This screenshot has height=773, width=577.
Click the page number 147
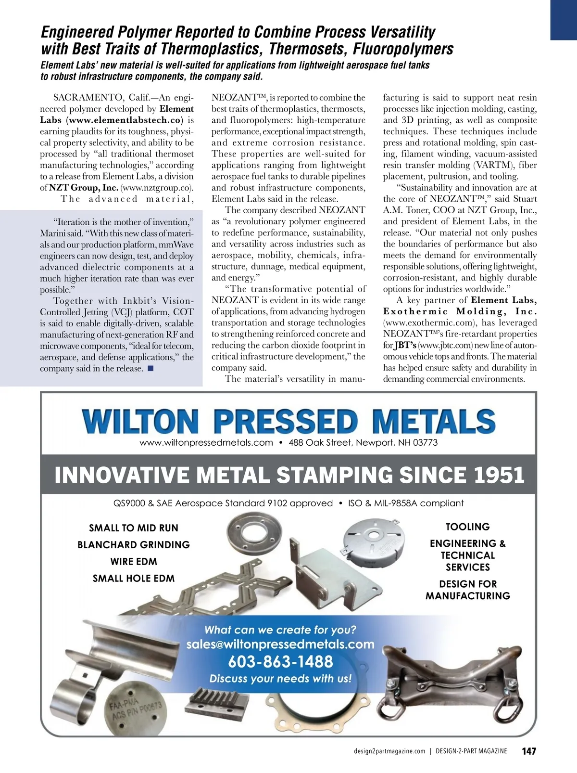pyautogui.click(x=528, y=751)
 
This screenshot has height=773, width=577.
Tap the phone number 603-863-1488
pyautogui.click(x=280, y=662)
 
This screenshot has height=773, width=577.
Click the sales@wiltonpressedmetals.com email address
pyautogui.click(x=280, y=644)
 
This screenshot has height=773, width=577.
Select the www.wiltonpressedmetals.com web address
pyautogui.click(x=206, y=442)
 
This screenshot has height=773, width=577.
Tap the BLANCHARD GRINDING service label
pyautogui.click(x=134, y=545)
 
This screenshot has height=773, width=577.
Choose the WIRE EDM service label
pyautogui.click(x=134, y=562)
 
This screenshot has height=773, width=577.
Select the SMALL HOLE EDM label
pyautogui.click(x=134, y=579)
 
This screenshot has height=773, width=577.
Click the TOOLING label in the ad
pyautogui.click(x=467, y=527)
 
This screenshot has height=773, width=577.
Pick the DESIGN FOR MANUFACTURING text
pyautogui.click(x=467, y=590)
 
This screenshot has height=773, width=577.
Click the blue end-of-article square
pyautogui.click(x=150, y=369)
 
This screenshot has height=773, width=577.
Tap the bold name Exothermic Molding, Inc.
pyautogui.click(x=460, y=311)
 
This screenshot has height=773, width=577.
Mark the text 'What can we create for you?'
pyautogui.click(x=280, y=630)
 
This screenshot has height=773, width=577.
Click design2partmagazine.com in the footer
pyautogui.click(x=389, y=751)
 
